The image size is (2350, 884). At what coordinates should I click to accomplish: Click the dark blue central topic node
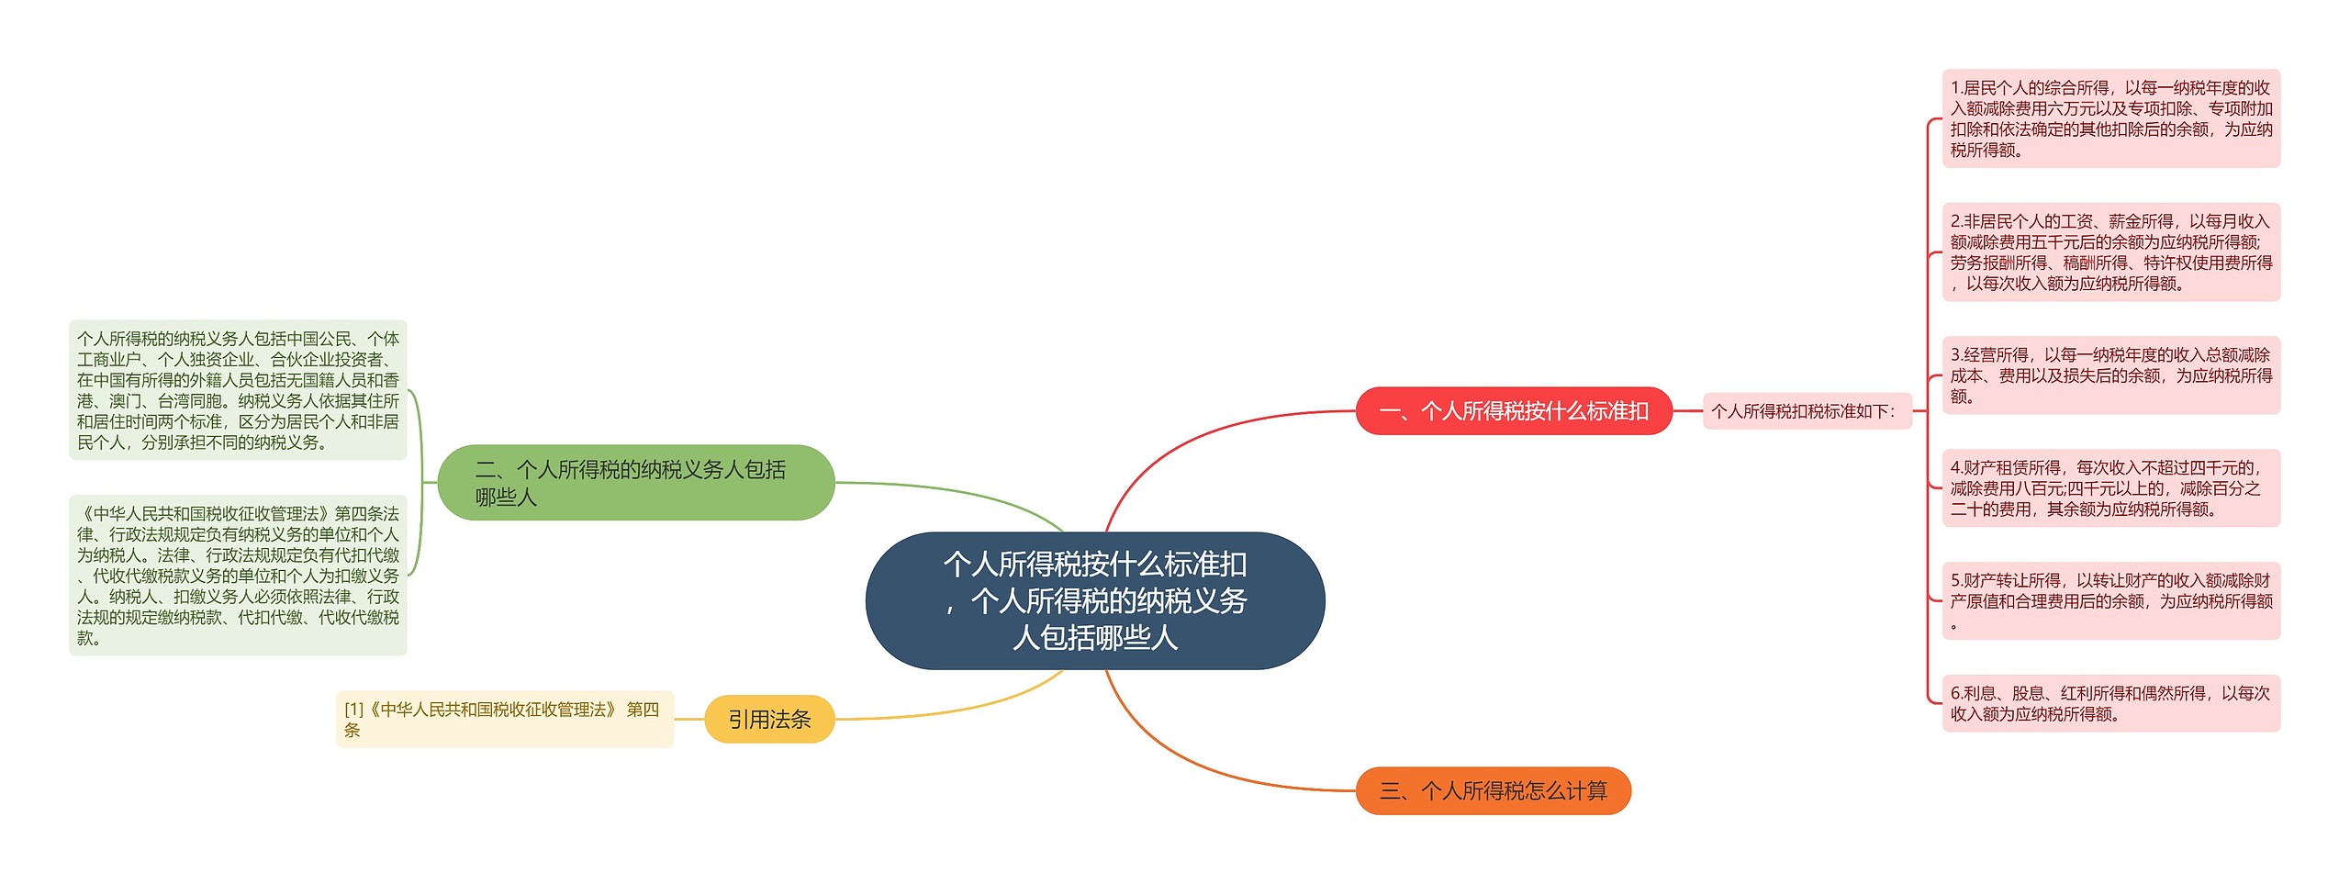[1094, 600]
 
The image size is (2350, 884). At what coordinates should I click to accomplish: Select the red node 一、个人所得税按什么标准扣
[1514, 410]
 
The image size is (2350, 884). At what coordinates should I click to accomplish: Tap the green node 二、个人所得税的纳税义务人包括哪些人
[635, 483]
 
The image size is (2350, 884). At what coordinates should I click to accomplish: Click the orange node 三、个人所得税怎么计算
[1493, 790]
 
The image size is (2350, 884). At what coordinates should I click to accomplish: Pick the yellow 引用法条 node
[769, 719]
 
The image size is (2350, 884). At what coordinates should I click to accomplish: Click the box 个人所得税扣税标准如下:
[1806, 411]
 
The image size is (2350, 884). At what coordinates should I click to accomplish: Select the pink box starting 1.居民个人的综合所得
[2110, 118]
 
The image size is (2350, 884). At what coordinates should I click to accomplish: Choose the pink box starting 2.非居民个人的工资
[2110, 252]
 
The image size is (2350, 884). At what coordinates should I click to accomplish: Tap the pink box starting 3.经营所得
[2110, 375]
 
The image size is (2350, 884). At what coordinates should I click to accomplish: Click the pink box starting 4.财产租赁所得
[2110, 488]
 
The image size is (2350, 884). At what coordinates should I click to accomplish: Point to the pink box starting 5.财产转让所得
[2110, 601]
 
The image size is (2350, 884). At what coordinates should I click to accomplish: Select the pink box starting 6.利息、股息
[2110, 704]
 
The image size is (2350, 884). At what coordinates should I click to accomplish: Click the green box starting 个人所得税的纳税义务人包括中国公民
[238, 390]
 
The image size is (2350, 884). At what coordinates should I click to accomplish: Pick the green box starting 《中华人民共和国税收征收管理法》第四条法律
[238, 576]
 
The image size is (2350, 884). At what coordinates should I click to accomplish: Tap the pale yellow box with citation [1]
[504, 719]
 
